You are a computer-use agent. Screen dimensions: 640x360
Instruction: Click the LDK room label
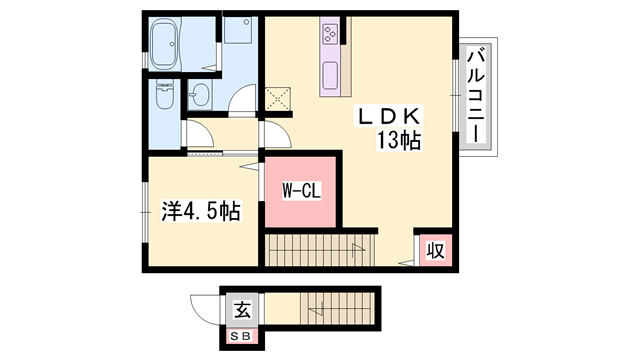pos(389,117)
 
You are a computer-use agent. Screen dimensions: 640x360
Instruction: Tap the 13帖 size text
pos(398,141)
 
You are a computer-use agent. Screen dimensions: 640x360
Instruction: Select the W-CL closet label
pos(302,191)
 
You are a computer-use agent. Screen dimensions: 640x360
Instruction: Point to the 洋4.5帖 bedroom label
pos(201,211)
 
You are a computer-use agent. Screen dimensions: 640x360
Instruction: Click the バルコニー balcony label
pos(476,96)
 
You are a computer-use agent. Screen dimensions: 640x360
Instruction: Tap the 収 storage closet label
pos(435,250)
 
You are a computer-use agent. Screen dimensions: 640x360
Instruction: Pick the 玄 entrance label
pos(242,311)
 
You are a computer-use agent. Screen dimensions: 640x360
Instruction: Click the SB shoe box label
pos(241,337)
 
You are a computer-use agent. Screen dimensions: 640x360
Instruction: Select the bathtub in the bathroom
pos(166,45)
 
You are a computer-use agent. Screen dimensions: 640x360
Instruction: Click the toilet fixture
pos(165,95)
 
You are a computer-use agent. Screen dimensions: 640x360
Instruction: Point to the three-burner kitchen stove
pos(330,34)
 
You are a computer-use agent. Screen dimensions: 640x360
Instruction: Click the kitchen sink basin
pos(330,76)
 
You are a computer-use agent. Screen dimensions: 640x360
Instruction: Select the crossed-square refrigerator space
pos(278,99)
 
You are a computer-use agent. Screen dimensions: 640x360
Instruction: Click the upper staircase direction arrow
pos(358,249)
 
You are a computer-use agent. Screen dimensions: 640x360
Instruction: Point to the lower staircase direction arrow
pos(317,309)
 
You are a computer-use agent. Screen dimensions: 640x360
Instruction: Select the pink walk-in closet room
pos(300,192)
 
